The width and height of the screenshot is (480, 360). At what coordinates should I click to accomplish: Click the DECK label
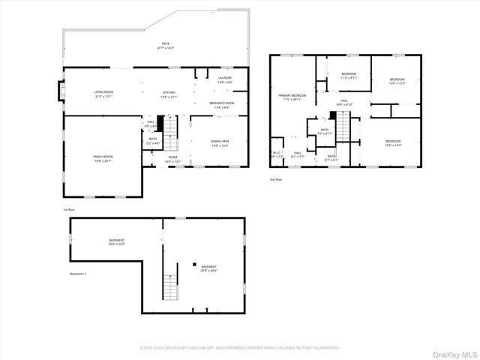click(x=166, y=43)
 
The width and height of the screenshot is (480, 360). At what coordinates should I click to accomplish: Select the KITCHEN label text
click(x=169, y=92)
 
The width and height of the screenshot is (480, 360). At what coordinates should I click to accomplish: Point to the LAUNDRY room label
click(x=225, y=77)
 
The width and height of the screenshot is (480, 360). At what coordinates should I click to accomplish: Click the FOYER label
click(x=172, y=157)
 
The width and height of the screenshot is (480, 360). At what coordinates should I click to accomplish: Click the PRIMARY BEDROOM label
click(x=292, y=96)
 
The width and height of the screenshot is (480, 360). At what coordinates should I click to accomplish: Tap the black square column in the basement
click(x=193, y=265)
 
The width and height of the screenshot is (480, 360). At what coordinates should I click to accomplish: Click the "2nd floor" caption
click(x=277, y=180)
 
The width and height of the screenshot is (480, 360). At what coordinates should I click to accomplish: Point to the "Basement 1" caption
click(x=78, y=274)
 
